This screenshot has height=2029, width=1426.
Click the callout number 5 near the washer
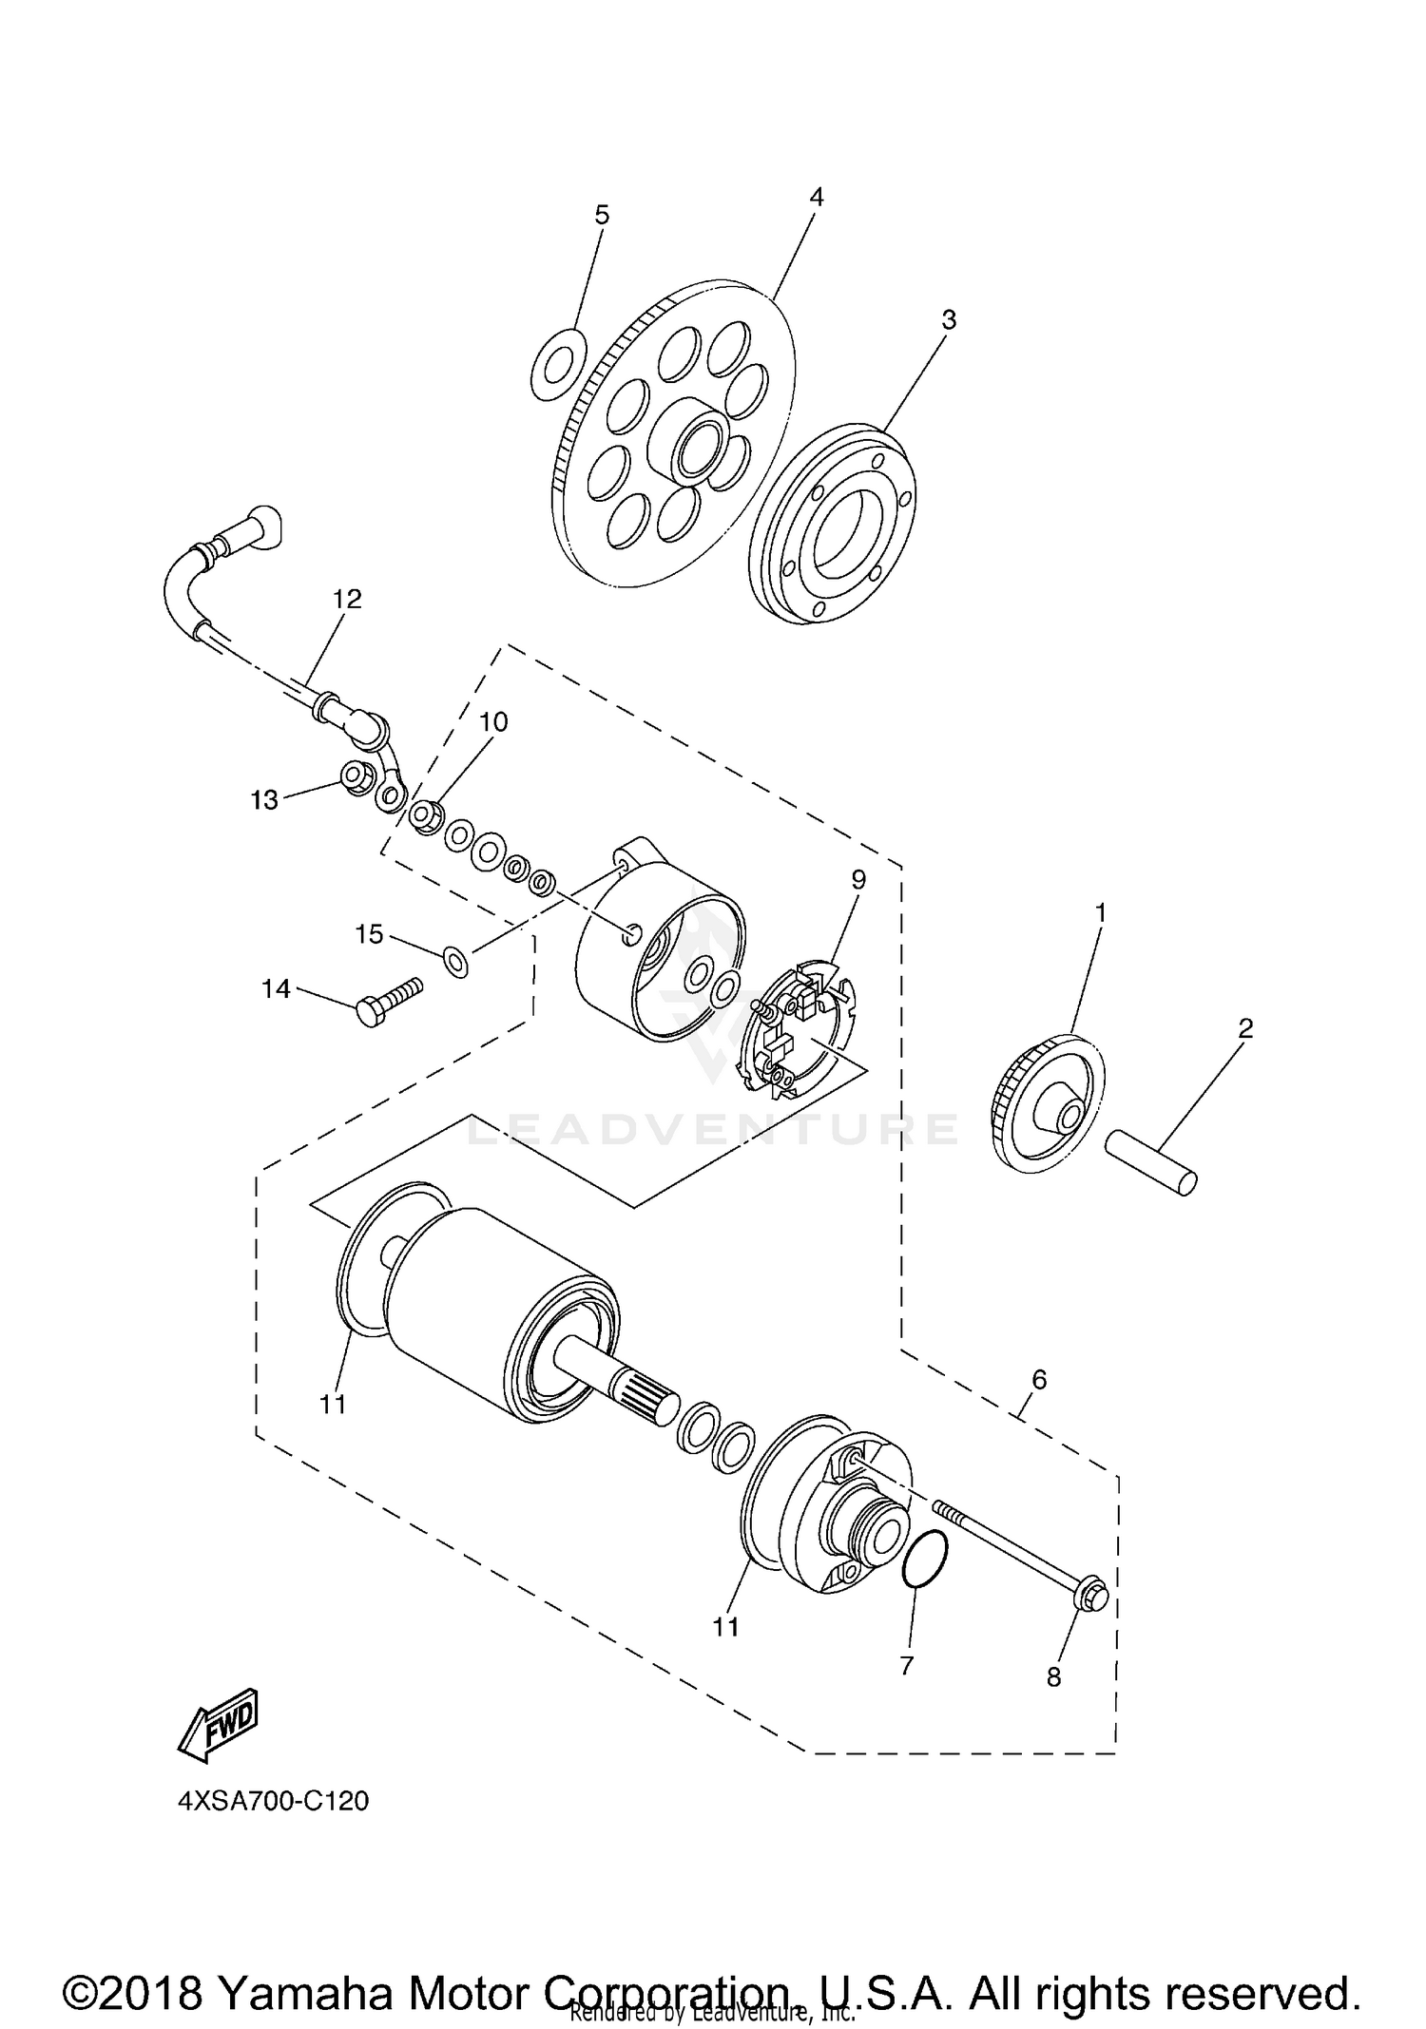pos(602,216)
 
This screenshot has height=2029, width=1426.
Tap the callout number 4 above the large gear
pos(816,197)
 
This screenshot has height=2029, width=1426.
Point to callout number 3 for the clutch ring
pos(948,320)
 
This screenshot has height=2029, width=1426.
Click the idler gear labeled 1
pos(1049,1104)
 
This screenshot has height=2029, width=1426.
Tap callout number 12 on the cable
pos(347,599)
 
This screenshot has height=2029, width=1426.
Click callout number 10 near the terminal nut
pos(493,722)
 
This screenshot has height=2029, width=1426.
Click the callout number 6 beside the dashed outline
pos(1038,1379)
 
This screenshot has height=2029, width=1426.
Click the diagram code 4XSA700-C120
pos(273,1801)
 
